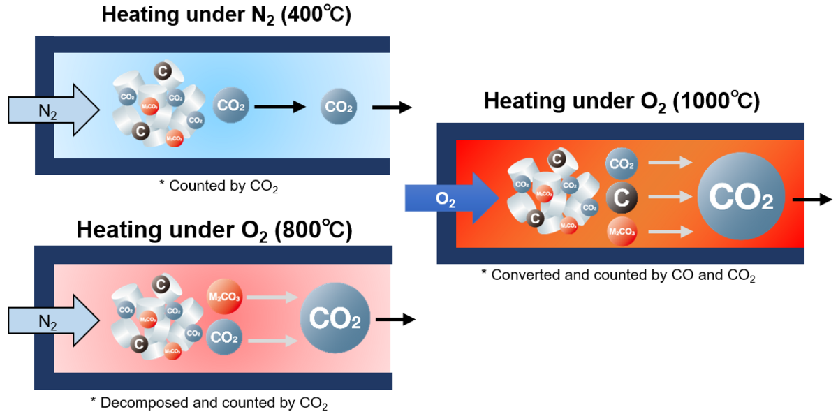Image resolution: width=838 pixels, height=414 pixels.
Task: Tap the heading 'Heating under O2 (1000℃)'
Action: [x=622, y=102]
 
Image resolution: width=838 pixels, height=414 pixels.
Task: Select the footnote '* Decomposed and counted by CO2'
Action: [x=209, y=403]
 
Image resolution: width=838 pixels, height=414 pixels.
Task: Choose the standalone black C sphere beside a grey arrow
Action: [x=622, y=198]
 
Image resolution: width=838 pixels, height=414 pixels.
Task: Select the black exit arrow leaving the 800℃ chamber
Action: [x=395, y=320]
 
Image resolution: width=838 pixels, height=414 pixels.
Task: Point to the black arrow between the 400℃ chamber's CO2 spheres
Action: [x=280, y=107]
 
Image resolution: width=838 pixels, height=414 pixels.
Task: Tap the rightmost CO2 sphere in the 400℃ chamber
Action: [x=339, y=108]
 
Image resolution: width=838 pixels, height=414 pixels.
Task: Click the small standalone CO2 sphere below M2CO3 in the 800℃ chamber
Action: [x=224, y=338]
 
